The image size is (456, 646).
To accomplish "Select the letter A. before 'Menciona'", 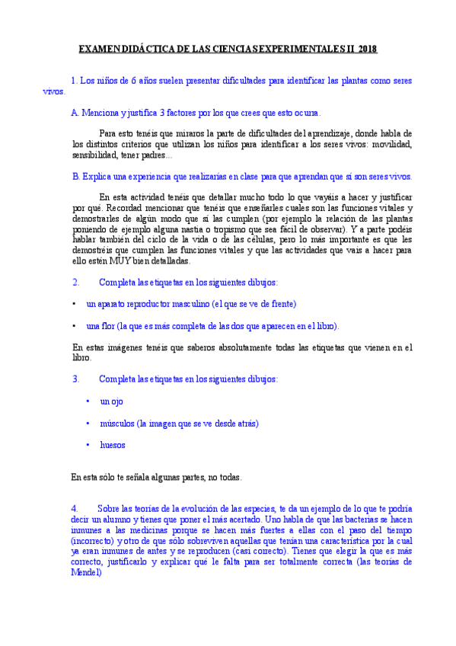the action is coord(75,112).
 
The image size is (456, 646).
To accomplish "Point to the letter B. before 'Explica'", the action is coord(75,176).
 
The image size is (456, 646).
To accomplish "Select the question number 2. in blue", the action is coord(75,282).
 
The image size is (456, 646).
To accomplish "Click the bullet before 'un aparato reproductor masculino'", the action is coord(74,303).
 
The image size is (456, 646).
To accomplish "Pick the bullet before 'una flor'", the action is coord(74,325).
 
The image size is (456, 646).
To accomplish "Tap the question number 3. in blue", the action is coord(75,379).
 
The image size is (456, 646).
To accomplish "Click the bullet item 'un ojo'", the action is coord(110,401).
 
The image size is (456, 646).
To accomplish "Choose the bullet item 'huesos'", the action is coord(113,445).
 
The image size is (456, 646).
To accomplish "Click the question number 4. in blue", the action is coord(75,508).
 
